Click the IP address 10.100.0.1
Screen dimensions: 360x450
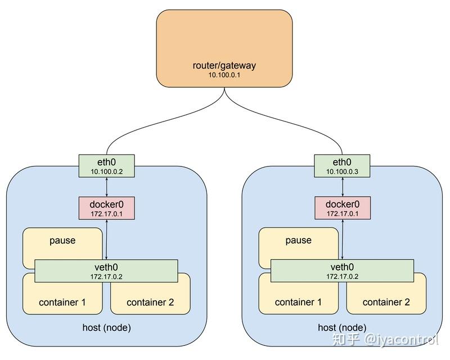click(x=224, y=75)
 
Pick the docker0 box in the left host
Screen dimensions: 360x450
click(x=107, y=208)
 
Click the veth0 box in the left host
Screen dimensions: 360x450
click(x=107, y=271)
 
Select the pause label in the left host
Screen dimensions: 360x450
click(x=62, y=240)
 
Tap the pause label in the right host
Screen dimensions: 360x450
click(x=298, y=240)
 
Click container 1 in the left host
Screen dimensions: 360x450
click(x=62, y=302)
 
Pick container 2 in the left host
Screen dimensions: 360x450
click(x=150, y=302)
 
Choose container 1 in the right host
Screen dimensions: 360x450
click(x=298, y=302)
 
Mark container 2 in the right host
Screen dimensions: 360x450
click(x=386, y=302)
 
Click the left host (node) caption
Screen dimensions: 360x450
click(x=107, y=327)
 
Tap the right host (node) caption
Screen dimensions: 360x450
click(x=342, y=327)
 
